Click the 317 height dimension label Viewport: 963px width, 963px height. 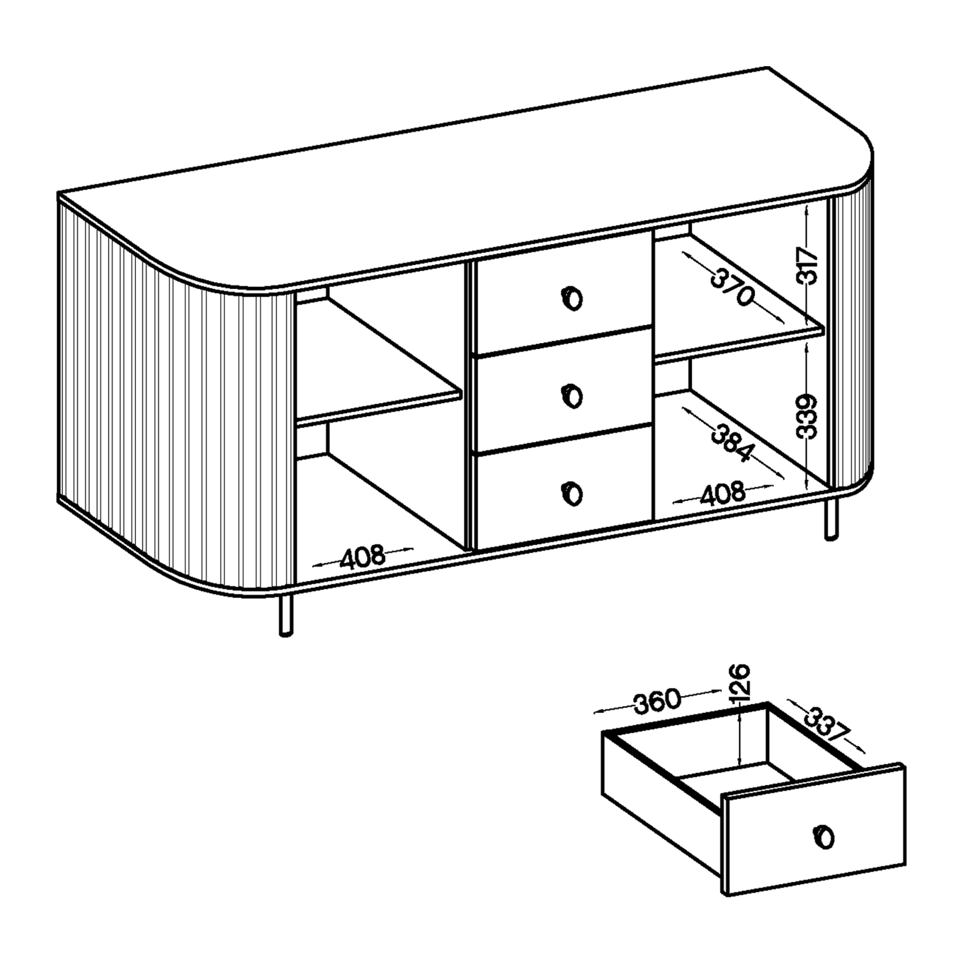(808, 265)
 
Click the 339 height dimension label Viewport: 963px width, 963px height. (807, 417)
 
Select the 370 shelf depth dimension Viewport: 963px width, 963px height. (731, 287)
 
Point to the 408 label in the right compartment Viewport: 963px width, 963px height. (723, 494)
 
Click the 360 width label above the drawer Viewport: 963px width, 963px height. (657, 700)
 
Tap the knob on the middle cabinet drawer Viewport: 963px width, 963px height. (572, 396)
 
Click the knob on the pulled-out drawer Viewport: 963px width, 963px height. (824, 837)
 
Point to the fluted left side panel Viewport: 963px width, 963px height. (175, 395)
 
